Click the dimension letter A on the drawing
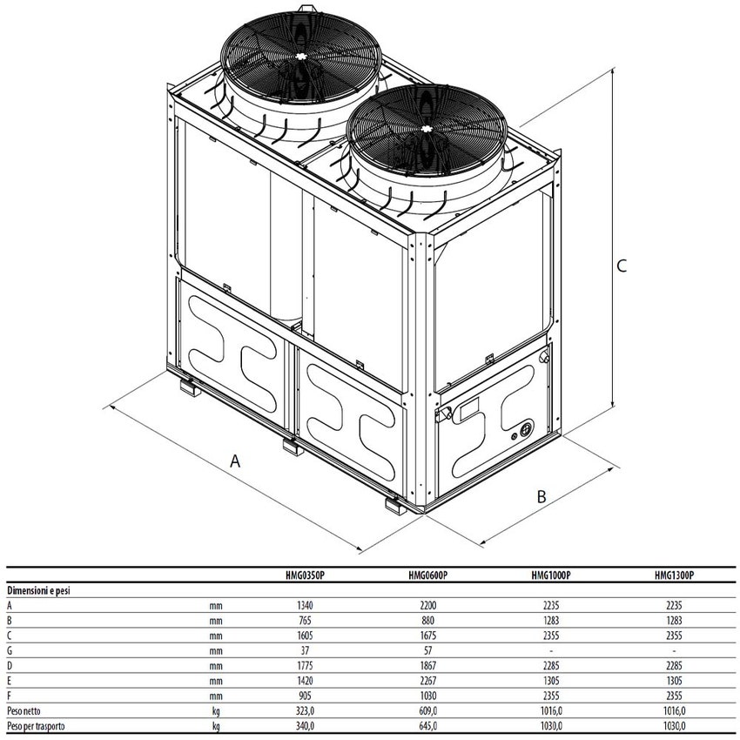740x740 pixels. click(235, 461)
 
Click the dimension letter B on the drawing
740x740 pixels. click(542, 496)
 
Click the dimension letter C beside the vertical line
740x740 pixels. click(622, 266)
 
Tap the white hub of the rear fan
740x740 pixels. click(300, 57)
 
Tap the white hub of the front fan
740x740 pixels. click(427, 129)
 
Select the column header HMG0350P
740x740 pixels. click(306, 575)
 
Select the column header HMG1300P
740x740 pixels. click(674, 575)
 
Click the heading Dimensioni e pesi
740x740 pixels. click(38, 590)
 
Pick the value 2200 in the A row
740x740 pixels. click(428, 606)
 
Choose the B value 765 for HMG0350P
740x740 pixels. click(306, 621)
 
